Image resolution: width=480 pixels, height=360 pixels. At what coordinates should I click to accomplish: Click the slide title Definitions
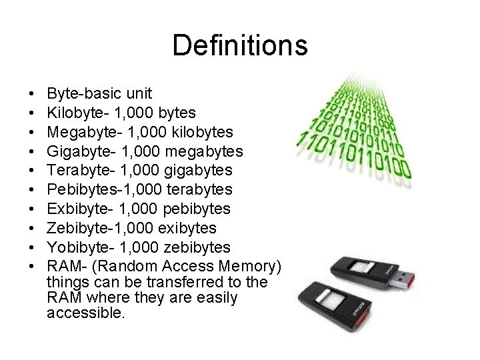[x=240, y=46]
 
